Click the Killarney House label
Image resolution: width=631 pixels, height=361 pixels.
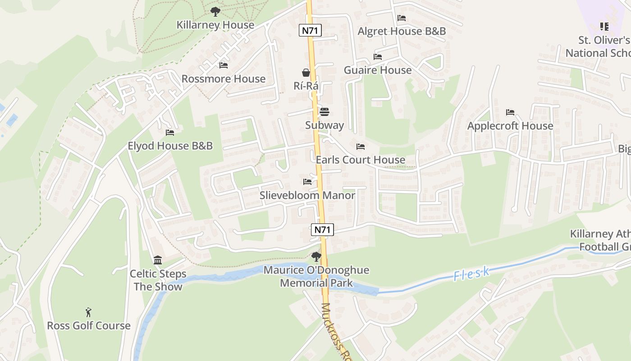215,25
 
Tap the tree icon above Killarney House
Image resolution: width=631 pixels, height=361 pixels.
215,11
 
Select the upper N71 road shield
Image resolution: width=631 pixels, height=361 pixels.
310,31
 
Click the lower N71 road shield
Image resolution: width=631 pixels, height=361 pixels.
323,230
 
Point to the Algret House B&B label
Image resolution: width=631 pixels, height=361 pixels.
402,31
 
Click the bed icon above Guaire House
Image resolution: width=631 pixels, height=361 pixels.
378,57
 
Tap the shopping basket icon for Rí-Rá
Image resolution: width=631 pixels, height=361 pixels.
306,73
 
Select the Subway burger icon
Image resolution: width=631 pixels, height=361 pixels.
325,112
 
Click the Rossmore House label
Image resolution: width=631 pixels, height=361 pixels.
224,79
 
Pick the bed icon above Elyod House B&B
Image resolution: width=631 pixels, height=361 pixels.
170,133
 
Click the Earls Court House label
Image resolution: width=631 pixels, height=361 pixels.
361,160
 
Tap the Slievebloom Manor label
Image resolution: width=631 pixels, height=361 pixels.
307,195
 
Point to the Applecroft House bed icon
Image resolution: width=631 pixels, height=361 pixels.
510,112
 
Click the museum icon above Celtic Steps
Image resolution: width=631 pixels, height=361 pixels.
158,260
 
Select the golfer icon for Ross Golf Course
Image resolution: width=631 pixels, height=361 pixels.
88,312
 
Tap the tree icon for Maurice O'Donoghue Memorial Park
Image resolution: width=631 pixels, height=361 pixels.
316,257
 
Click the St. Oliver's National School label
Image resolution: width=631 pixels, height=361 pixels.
599,46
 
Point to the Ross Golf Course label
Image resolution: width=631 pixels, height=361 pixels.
89,326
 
